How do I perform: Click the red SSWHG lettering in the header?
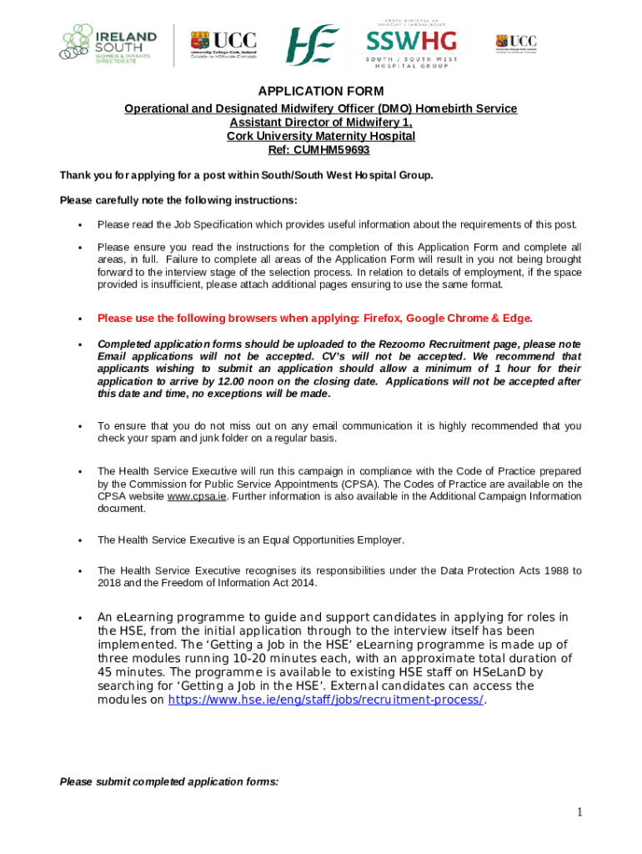coord(412,42)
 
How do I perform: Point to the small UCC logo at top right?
coord(516,43)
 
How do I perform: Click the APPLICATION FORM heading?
coord(321,91)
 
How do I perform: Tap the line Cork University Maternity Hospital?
coord(321,136)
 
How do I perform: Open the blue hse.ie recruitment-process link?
coord(326,700)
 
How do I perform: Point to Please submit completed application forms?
coord(168,782)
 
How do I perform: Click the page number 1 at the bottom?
coord(578,812)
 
